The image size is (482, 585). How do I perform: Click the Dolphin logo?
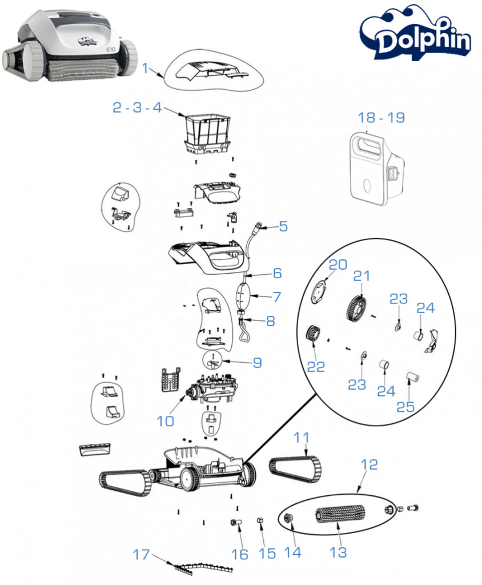tap(415, 37)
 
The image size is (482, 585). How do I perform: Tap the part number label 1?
tap(144, 69)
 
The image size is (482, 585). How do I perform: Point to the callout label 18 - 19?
tap(381, 118)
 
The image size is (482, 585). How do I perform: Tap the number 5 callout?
tap(283, 226)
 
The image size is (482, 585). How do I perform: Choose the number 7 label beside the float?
tap(277, 297)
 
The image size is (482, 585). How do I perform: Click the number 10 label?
tap(165, 421)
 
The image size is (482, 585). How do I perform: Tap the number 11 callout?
tap(302, 438)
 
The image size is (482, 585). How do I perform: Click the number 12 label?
tap(369, 464)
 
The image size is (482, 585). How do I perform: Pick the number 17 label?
tap(142, 554)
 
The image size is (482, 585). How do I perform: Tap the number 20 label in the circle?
tap(338, 265)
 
